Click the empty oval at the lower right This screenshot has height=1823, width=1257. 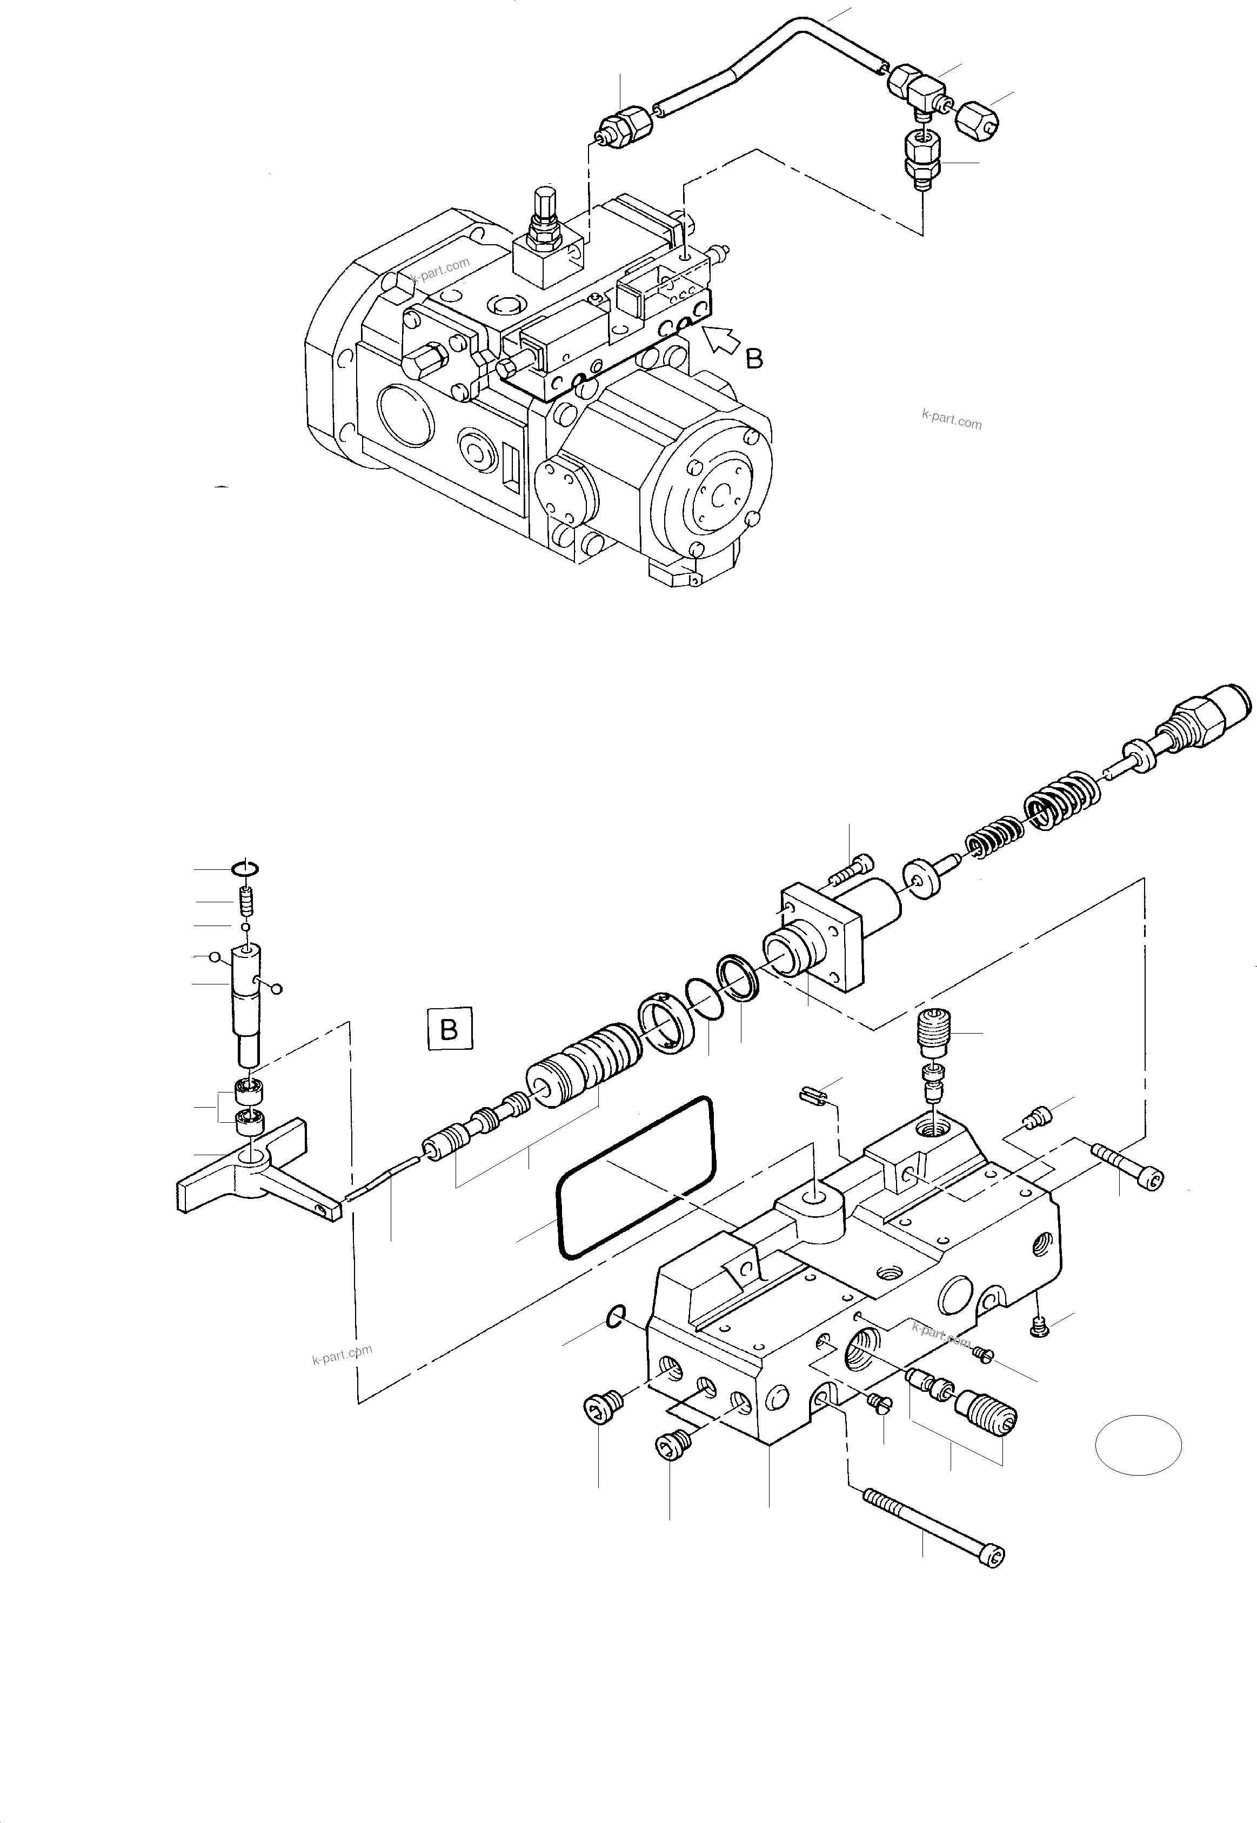tap(1138, 1445)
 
